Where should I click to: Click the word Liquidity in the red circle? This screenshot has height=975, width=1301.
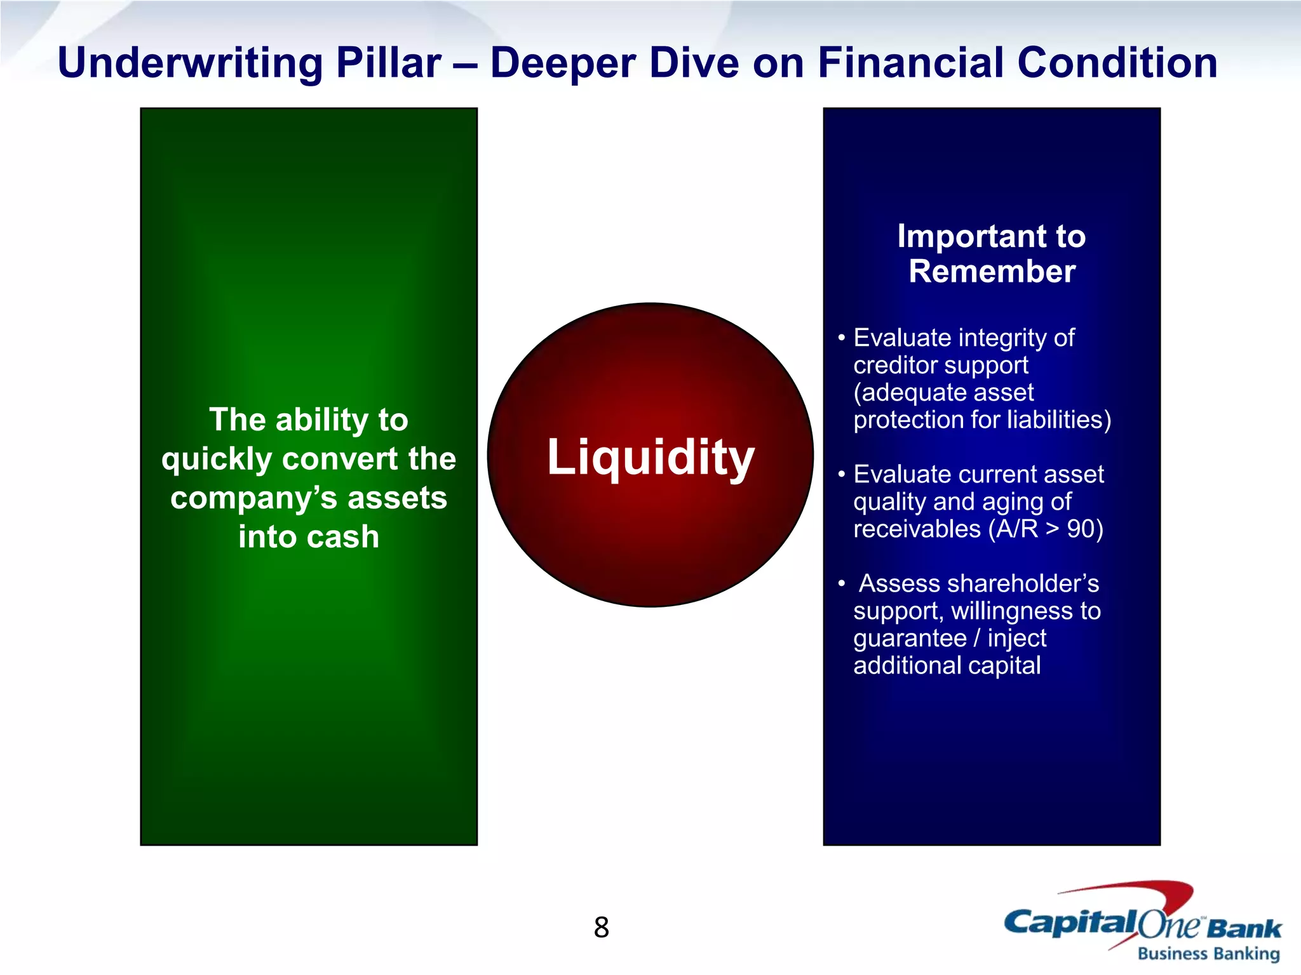[650, 457]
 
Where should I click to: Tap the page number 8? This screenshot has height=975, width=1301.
[601, 927]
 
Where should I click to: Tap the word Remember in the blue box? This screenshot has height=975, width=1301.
[992, 272]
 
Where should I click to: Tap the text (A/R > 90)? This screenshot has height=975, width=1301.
[1045, 529]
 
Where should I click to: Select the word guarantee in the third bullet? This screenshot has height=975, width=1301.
[910, 639]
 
